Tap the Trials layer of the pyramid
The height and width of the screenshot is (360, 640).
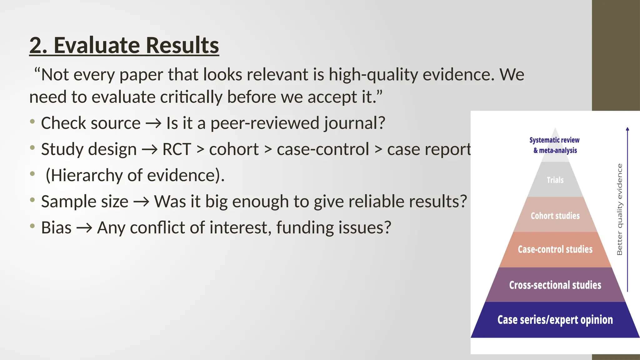point(555,180)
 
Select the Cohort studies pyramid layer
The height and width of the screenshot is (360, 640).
point(555,216)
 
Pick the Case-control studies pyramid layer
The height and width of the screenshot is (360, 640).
point(555,249)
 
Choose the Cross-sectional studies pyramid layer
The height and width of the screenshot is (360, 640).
point(555,285)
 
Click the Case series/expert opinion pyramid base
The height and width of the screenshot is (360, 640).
point(555,320)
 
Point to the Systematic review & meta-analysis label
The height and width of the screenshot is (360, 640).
point(555,145)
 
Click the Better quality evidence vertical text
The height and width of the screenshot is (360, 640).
point(619,209)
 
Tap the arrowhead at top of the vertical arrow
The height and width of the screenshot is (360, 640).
point(627,129)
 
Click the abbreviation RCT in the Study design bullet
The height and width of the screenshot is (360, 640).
point(177,149)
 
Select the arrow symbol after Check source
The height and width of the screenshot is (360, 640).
point(153,123)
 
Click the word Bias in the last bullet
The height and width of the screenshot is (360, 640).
point(56,227)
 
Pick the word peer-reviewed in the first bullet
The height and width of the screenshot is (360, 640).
point(265,123)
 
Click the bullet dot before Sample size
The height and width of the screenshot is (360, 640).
point(32,200)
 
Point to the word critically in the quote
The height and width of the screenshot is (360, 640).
point(191,97)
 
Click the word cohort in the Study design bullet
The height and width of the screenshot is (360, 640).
point(234,149)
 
